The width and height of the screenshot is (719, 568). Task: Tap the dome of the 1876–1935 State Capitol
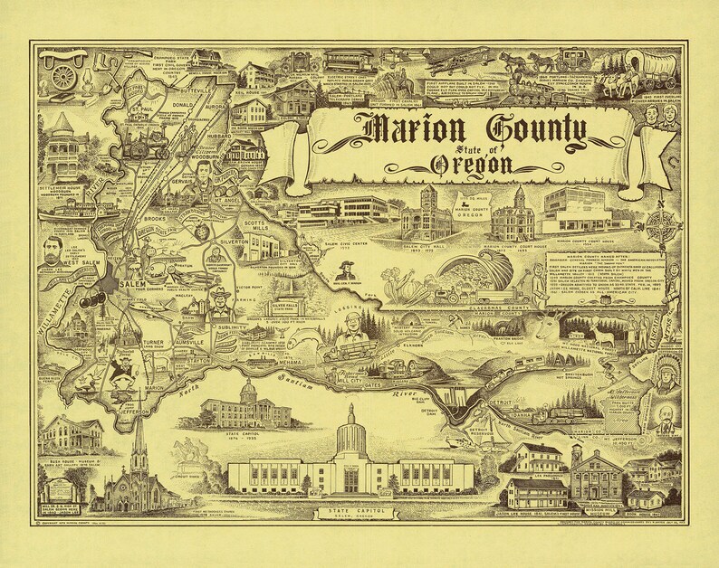click(248, 390)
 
